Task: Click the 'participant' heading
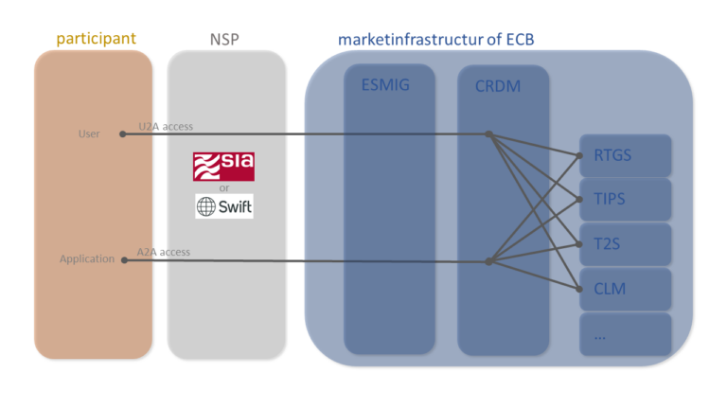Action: (x=96, y=39)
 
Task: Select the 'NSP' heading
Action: (x=225, y=40)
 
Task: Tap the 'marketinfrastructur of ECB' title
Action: (x=442, y=40)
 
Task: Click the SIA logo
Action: (x=223, y=166)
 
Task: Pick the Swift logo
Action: (x=224, y=206)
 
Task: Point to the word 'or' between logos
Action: (x=224, y=187)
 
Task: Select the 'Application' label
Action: (x=87, y=258)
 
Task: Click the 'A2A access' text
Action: (x=164, y=252)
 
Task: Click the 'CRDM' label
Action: (x=498, y=86)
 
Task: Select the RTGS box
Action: (x=625, y=155)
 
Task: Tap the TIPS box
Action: (x=625, y=200)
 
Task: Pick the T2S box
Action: (x=625, y=244)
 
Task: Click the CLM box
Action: (x=625, y=289)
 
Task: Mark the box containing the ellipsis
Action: (x=625, y=333)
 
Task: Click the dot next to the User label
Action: (x=123, y=134)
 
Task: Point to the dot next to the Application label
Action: (x=123, y=259)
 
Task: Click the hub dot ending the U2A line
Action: (x=488, y=134)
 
